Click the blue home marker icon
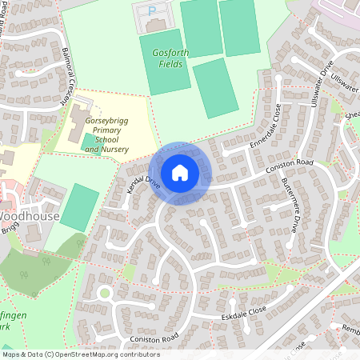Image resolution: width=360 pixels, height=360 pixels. click(180, 172)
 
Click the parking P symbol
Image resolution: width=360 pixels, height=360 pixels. click(153, 10)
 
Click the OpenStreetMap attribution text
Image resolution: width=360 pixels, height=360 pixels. click(80, 354)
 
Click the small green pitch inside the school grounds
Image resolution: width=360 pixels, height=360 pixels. click(86, 142)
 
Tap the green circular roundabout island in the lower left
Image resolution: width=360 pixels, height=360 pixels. click(104, 293)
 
